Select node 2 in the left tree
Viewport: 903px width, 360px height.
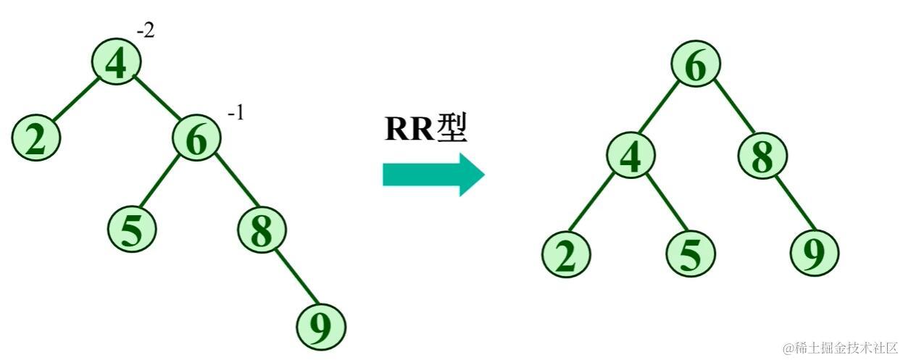pyautogui.click(x=36, y=138)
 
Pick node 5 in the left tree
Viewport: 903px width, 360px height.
pyautogui.click(x=132, y=229)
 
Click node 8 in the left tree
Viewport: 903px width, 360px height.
pyautogui.click(x=262, y=229)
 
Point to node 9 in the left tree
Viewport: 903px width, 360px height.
pyautogui.click(x=320, y=327)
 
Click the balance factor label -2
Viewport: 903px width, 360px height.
pyautogui.click(x=146, y=31)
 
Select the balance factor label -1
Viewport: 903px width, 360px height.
pyautogui.click(x=236, y=114)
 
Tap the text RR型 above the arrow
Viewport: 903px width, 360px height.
pyautogui.click(x=426, y=129)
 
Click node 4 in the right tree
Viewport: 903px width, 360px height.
pyautogui.click(x=631, y=156)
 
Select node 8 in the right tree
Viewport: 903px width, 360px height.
pyautogui.click(x=762, y=156)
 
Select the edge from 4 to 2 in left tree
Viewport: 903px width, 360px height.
pyautogui.click(x=75, y=100)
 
